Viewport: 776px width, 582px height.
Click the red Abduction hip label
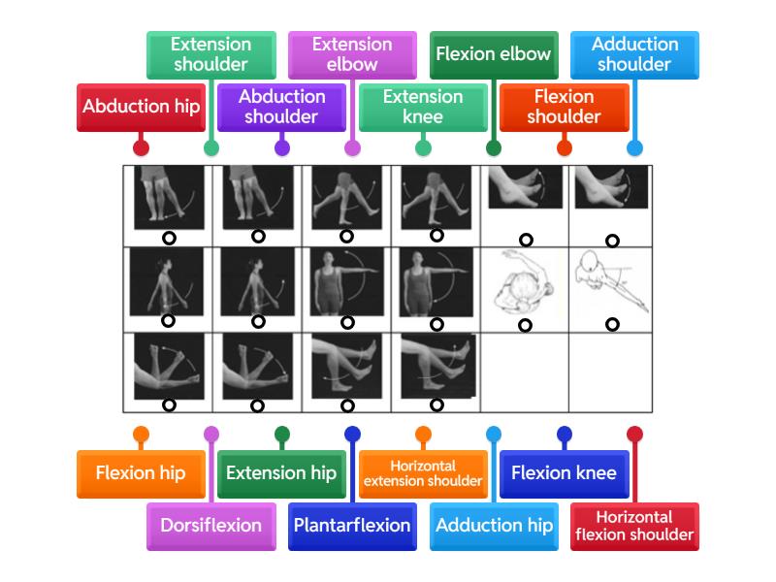141,107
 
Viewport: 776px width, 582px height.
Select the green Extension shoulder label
210,54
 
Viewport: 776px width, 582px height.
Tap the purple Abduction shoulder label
281,107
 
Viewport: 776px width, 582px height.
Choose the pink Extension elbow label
352,54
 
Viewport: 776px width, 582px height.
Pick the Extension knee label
423,107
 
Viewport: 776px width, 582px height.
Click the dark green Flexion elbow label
494,54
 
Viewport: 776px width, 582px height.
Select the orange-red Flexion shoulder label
564,107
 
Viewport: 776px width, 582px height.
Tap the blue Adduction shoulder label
634,54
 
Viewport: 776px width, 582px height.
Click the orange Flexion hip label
141,473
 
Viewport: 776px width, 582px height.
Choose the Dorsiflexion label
210,526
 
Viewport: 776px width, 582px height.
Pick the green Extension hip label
281,473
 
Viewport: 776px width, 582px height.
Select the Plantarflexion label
352,526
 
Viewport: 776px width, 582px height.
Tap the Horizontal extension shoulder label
423,473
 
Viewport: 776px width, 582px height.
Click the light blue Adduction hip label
494,526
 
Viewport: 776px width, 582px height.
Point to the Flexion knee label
564,473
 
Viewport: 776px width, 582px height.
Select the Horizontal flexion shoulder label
634,526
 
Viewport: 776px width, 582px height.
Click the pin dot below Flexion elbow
494,148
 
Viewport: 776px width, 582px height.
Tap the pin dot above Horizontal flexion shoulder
634,434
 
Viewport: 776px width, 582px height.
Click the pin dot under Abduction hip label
141,148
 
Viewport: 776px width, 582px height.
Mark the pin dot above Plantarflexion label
352,434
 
